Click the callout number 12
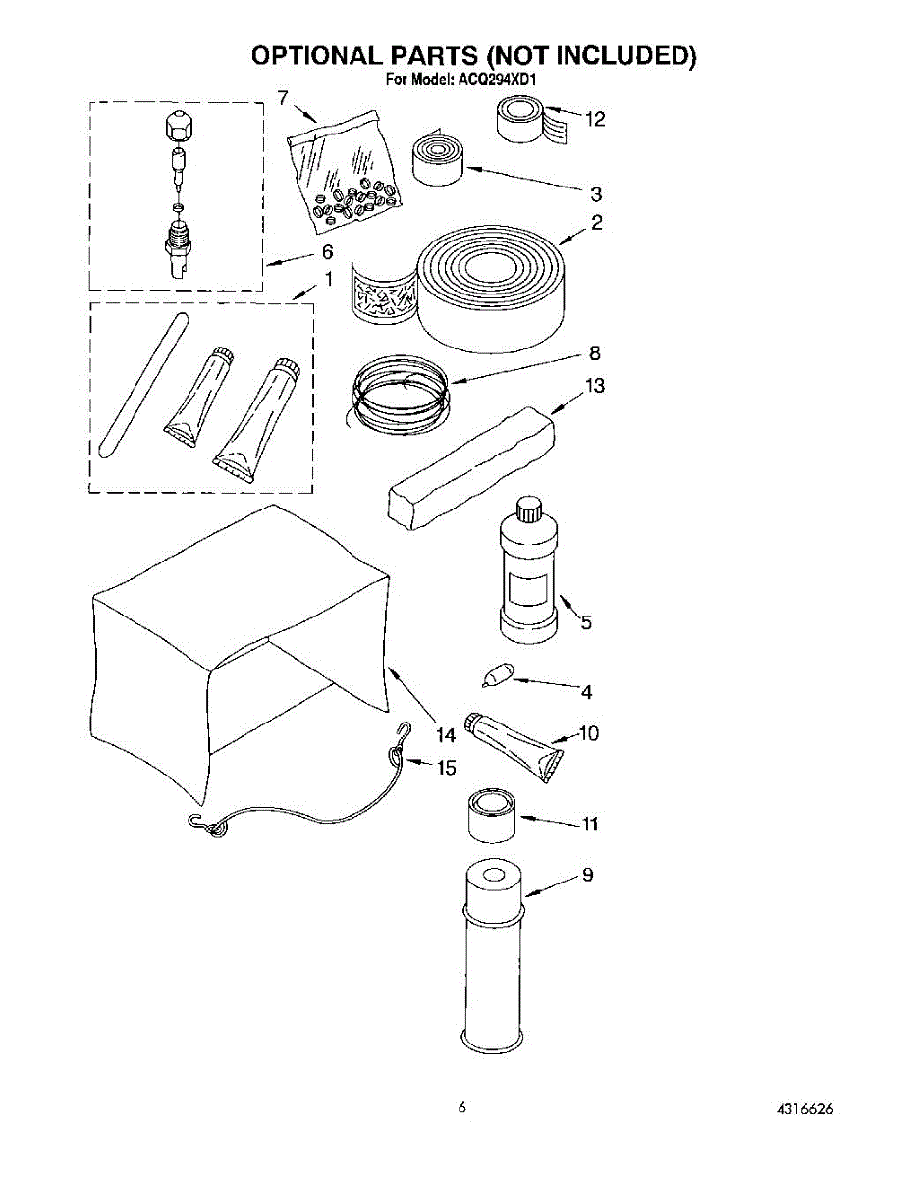(594, 120)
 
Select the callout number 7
(283, 97)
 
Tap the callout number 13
(594, 386)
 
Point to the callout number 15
(446, 768)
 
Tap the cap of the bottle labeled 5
(529, 509)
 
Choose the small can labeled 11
(490, 818)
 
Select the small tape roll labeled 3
(436, 158)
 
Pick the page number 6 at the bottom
(460, 1108)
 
